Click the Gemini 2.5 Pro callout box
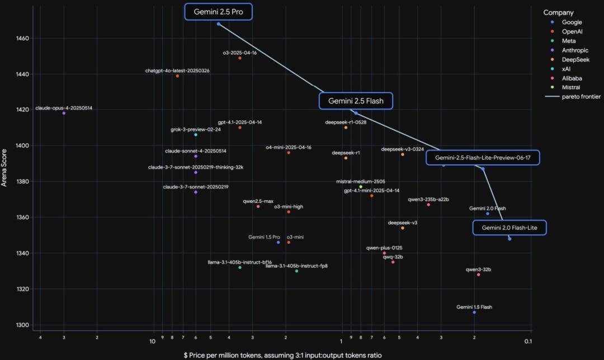click(219, 12)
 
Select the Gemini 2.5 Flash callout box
click(356, 101)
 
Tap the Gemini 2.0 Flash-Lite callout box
click(509, 228)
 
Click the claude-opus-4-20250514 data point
click(64, 113)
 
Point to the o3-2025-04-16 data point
click(240, 58)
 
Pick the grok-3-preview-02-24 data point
click(196, 135)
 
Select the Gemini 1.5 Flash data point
click(474, 312)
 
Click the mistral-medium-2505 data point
click(361, 187)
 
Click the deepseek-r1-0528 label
click(346, 122)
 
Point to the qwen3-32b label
click(478, 269)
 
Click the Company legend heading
click(558, 12)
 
